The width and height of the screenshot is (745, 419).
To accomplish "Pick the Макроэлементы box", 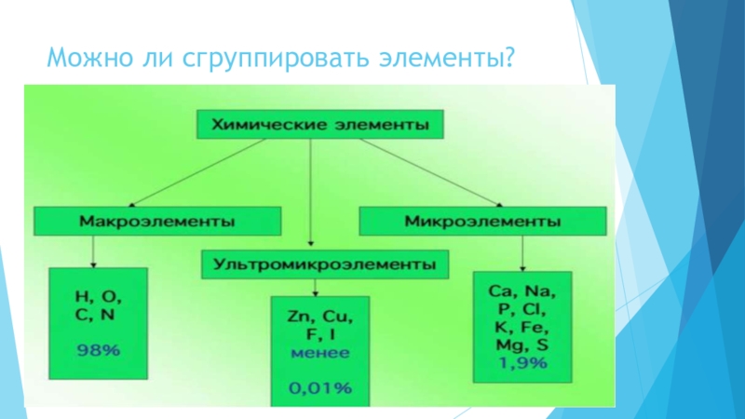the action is click(x=157, y=222).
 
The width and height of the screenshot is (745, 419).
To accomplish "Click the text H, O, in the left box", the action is click(x=98, y=297).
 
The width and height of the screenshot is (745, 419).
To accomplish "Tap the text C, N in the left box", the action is click(x=98, y=315).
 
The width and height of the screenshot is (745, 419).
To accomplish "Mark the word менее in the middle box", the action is click(x=319, y=353).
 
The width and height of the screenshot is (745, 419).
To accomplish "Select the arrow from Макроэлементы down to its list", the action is click(x=94, y=250).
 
